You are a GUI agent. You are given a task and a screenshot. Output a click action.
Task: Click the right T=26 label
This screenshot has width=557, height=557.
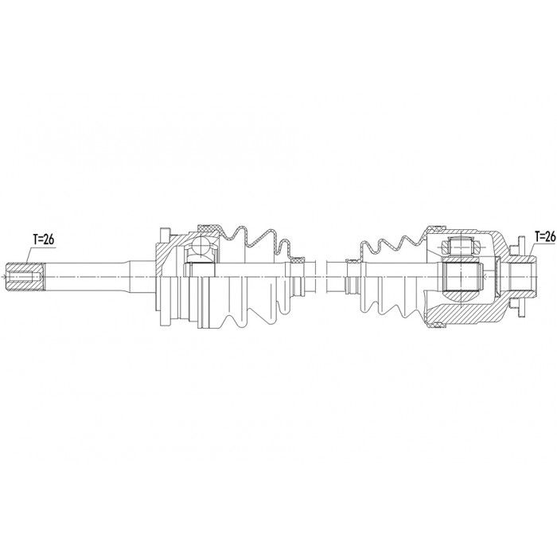click(544, 236)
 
